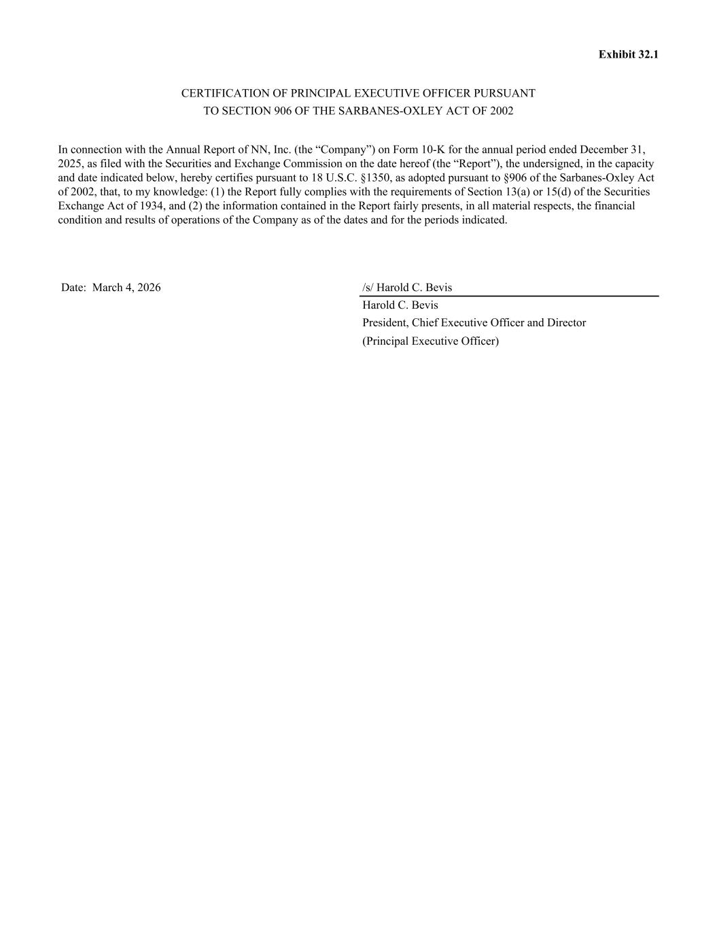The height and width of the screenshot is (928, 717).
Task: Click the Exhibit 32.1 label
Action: pos(628,54)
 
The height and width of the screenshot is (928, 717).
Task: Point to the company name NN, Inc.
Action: pos(271,150)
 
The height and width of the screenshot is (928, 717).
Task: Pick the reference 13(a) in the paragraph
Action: pos(517,192)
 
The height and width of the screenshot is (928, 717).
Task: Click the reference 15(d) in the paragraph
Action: pos(559,192)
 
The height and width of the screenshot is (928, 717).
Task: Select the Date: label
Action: pos(74,288)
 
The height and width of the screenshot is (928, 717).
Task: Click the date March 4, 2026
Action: pos(126,288)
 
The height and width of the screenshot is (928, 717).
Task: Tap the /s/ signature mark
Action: pos(368,288)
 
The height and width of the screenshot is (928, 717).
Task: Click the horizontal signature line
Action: pos(510,296)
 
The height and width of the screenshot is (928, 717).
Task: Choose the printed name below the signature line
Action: pos(400,305)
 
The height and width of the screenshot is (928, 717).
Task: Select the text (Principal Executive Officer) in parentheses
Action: pos(430,341)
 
